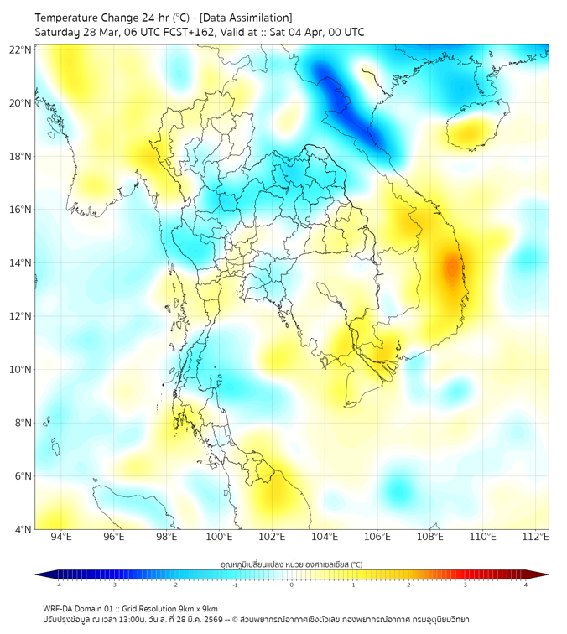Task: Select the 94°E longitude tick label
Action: [x=61, y=537]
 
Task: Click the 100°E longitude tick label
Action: [x=220, y=537]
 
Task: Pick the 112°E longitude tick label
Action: [x=536, y=537]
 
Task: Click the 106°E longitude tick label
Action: [x=377, y=537]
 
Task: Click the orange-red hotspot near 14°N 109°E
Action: [x=452, y=268]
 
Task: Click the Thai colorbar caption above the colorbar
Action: [x=291, y=564]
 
